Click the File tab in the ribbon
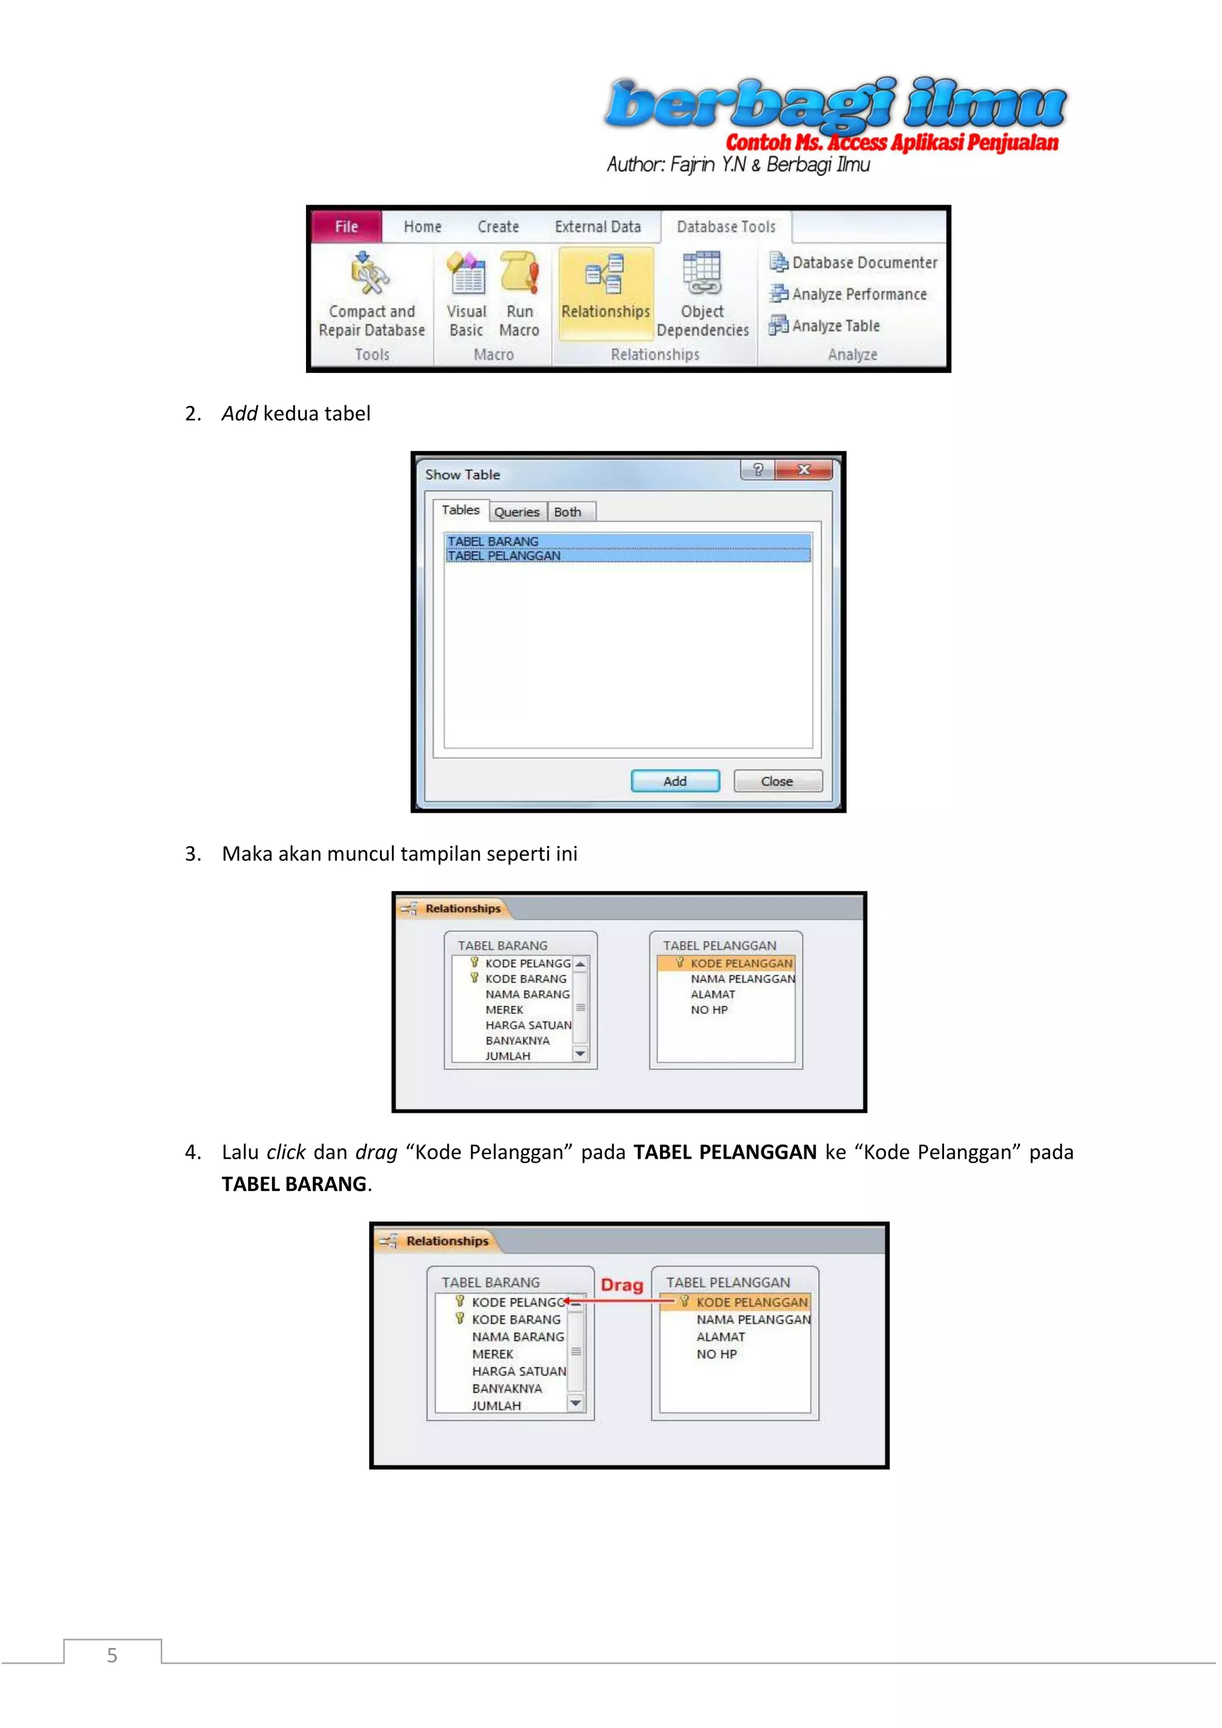pos(346,227)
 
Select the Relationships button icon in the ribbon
pos(605,274)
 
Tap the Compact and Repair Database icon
pos(370,273)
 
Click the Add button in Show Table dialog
pos(675,781)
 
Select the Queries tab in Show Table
pos(517,512)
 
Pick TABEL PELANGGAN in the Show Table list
pos(504,556)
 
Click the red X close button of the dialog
pos(804,470)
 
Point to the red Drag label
pos(622,1285)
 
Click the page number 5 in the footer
pos(112,1655)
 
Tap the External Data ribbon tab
pos(597,227)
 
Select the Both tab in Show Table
pos(568,512)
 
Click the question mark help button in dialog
pos(758,470)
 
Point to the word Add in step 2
pos(239,413)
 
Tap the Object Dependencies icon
pos(701,273)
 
